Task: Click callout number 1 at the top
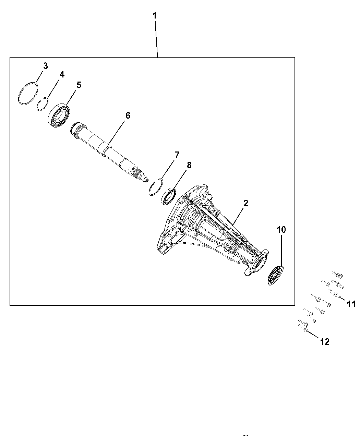(155, 16)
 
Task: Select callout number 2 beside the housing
(245, 203)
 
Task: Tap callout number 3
(46, 66)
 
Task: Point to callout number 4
(62, 75)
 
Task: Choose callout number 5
(79, 85)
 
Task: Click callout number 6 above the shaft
(128, 116)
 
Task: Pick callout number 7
(177, 155)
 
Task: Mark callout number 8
(189, 165)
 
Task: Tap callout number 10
(281, 230)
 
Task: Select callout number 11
(351, 304)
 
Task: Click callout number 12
(325, 342)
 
